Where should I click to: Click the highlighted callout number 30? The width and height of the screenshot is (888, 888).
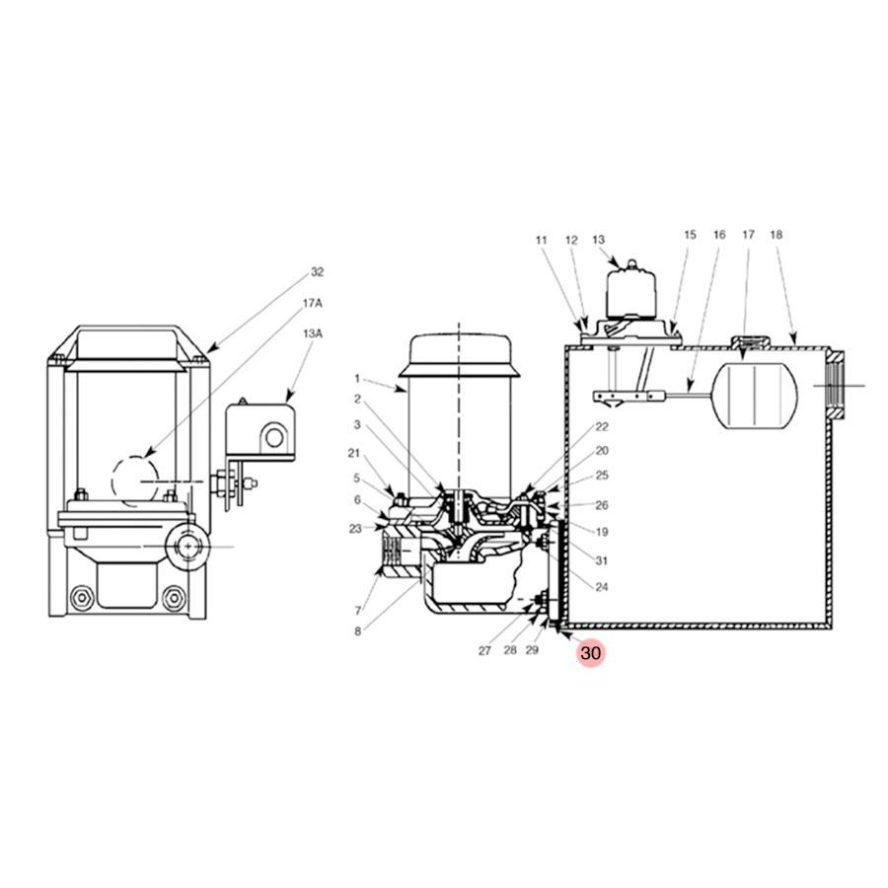[591, 653]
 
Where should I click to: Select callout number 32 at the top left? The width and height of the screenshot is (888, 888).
[317, 272]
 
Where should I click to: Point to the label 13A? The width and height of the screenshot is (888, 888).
[312, 334]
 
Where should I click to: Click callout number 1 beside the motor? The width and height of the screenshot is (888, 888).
[357, 378]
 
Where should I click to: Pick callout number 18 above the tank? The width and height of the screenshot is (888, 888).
[776, 235]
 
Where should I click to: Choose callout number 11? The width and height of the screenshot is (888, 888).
[541, 240]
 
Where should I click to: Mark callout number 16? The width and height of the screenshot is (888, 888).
[718, 235]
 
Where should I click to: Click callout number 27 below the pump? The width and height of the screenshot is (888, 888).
[484, 650]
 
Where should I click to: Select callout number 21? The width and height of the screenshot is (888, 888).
[354, 453]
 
